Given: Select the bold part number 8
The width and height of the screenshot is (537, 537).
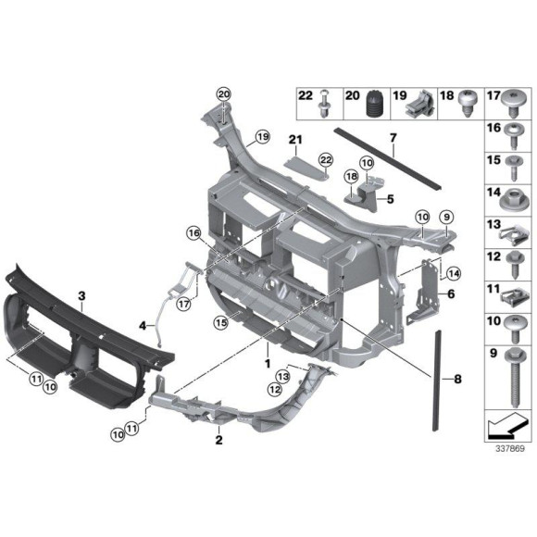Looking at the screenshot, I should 456,379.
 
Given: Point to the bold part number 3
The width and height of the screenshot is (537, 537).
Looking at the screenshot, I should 81,296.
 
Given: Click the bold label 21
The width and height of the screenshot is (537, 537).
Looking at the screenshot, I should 294,141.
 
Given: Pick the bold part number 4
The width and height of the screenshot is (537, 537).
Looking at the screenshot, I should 143,326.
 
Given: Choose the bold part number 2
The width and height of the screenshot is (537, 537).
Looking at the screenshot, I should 219,441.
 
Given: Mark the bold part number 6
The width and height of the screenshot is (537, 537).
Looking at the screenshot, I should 451,293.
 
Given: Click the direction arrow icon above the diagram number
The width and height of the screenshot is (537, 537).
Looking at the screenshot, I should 505,428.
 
